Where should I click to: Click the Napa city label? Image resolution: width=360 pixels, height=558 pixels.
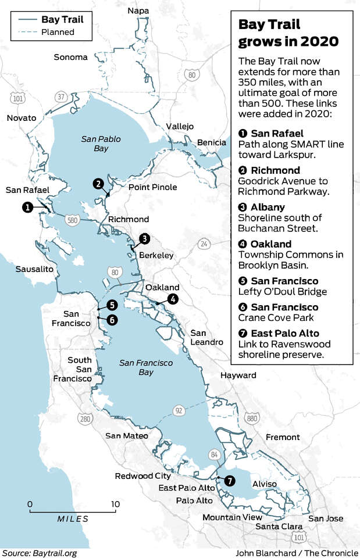[138, 11]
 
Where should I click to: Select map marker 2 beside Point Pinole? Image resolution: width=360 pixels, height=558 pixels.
[99, 184]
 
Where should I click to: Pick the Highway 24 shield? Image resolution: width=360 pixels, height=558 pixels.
[204, 244]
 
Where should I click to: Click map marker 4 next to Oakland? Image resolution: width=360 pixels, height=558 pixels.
[172, 299]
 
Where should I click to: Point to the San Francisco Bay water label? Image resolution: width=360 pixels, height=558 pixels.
[146, 367]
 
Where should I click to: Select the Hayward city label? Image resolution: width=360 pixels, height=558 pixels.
[238, 376]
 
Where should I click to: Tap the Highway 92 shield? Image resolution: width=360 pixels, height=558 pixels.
[178, 411]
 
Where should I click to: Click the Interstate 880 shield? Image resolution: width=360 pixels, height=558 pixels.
[252, 417]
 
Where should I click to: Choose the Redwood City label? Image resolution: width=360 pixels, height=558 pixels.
[142, 476]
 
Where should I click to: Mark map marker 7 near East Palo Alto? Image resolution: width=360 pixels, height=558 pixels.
[230, 481]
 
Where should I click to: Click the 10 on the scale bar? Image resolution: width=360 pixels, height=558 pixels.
[115, 503]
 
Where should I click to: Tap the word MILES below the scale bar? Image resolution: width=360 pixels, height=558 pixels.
[73, 518]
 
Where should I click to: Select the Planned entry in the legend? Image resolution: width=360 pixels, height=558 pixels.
[57, 33]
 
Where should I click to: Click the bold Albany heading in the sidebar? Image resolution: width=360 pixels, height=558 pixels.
[267, 207]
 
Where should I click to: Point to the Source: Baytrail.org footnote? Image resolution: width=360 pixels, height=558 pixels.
[38, 553]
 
